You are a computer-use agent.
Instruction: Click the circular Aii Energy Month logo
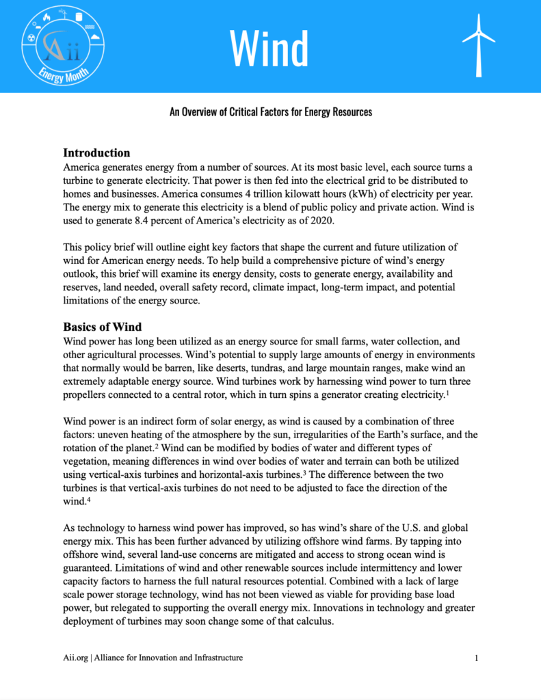pos(66,46)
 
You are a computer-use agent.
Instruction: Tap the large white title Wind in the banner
pos(269,48)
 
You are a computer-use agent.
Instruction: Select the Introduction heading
pos(96,152)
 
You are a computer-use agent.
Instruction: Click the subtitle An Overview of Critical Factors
pos(271,111)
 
